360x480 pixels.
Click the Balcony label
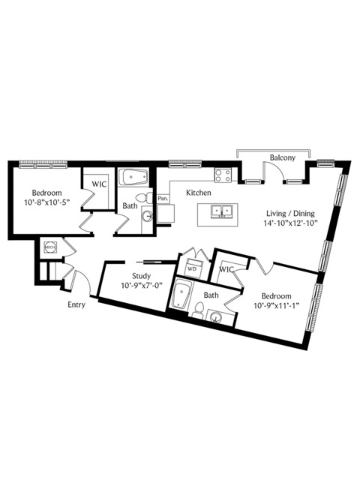(x=282, y=157)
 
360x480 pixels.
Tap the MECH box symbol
(x=50, y=247)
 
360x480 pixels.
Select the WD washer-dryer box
(x=192, y=268)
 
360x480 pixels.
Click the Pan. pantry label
(x=163, y=198)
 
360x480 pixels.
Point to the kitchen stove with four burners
(x=223, y=175)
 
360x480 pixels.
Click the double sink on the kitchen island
(x=221, y=211)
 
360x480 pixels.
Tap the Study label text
(x=141, y=276)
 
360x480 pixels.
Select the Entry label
(x=76, y=305)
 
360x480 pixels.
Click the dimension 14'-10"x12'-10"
(x=290, y=223)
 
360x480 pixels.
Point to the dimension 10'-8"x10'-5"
(x=46, y=202)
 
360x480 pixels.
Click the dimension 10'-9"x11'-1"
(x=276, y=305)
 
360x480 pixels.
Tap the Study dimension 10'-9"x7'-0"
(x=141, y=286)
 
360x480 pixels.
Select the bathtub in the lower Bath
(x=181, y=295)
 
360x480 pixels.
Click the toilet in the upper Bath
(x=143, y=197)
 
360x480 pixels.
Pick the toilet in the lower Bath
(x=198, y=310)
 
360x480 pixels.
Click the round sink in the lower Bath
(x=217, y=318)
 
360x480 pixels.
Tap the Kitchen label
(x=199, y=193)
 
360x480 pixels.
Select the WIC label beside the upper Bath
(x=99, y=184)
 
